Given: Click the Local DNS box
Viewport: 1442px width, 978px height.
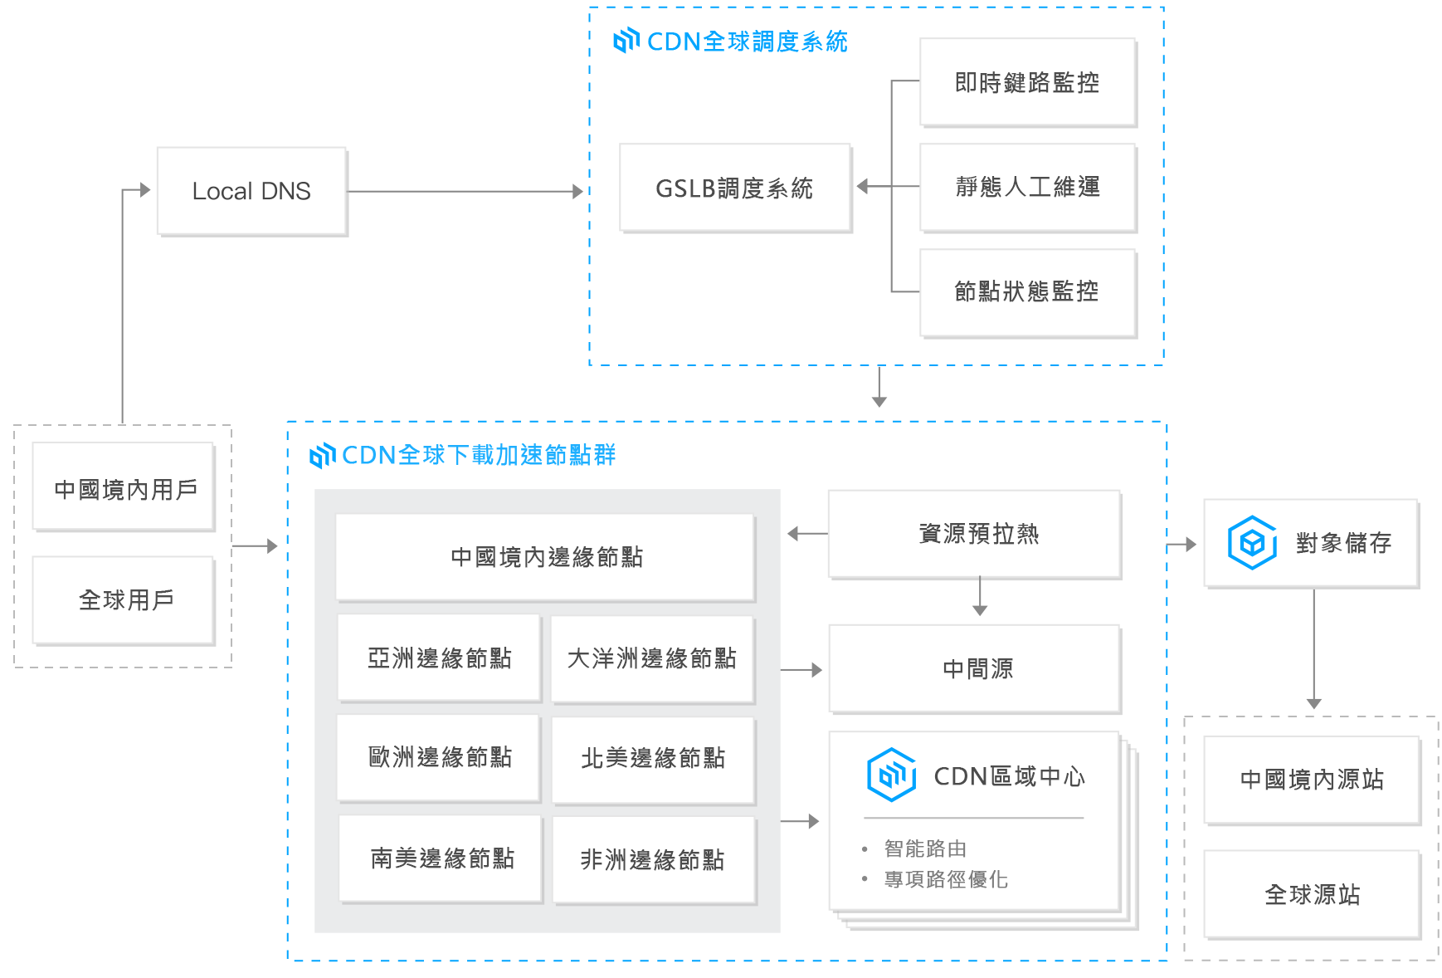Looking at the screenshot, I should (251, 191).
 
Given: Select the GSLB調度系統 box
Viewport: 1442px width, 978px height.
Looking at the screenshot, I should (734, 188).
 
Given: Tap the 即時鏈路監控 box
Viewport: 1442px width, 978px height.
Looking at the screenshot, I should (1027, 82).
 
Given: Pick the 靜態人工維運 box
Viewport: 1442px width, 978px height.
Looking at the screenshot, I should (1027, 187).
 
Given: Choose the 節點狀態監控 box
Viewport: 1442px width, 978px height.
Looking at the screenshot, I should (1027, 291).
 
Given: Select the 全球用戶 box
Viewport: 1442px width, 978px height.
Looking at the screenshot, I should (124, 599).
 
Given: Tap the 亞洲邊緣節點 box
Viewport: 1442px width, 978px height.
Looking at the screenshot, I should (439, 658).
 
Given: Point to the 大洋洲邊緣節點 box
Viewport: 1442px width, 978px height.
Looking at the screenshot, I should (652, 658).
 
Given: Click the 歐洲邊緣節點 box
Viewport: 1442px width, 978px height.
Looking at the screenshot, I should (439, 757).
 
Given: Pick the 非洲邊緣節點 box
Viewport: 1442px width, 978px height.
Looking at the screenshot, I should (653, 859).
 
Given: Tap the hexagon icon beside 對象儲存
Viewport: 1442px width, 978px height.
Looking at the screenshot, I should (1252, 543).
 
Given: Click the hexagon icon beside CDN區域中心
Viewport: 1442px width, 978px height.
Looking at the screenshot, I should (891, 775).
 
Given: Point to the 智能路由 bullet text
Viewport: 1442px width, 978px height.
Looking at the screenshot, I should (925, 848).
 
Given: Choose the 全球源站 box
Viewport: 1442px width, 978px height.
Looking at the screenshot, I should (1312, 894).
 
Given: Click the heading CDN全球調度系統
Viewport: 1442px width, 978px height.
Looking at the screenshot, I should (748, 42).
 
